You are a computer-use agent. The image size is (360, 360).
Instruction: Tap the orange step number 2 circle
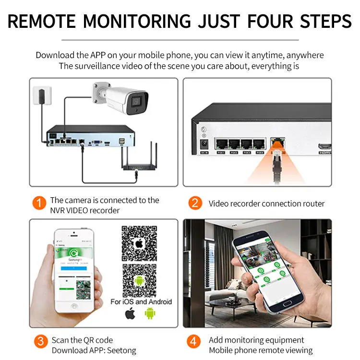[x=194, y=203]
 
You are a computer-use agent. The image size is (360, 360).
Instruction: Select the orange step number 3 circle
[x=41, y=341]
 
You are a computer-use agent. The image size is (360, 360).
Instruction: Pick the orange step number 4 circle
[x=194, y=341]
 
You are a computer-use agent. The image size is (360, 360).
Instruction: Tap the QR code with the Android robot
[x=139, y=280]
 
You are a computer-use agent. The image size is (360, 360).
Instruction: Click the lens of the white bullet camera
[x=136, y=102]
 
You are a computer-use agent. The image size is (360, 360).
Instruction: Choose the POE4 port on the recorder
[x=260, y=144]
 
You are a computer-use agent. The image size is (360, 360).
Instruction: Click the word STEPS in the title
[x=325, y=22]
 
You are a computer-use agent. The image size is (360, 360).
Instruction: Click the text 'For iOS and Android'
[x=141, y=301]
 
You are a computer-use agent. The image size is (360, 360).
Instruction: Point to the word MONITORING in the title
[x=137, y=22]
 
